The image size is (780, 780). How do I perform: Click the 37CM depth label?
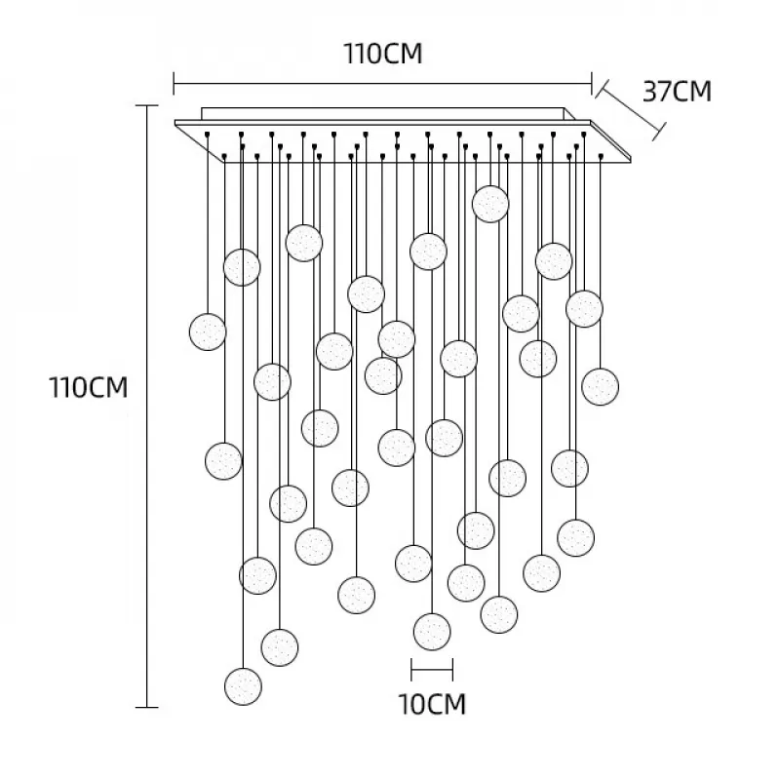point(677,92)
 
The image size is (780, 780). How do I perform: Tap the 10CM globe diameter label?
point(432,704)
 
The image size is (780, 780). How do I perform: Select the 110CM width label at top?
point(383,54)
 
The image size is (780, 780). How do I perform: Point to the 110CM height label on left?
point(89,387)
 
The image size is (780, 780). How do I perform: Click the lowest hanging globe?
point(243,687)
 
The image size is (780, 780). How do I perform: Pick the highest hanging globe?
point(490,204)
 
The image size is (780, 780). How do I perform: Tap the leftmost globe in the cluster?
point(208,331)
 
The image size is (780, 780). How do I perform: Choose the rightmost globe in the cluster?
point(600,386)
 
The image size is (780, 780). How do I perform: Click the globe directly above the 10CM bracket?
point(432,632)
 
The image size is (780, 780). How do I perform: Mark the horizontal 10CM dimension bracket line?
point(432,670)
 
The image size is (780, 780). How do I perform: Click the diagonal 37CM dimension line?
point(628,111)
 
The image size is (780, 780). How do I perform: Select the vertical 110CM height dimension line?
point(147,407)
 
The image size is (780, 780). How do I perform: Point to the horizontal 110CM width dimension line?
point(382,84)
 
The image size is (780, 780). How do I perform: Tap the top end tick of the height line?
point(147,105)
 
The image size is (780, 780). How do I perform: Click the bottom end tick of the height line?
point(147,707)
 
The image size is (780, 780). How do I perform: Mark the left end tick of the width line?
point(174,84)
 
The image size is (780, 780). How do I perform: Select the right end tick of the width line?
point(592,84)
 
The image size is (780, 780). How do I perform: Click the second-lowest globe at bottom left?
point(280,647)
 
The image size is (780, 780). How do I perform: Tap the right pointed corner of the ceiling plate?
point(631,161)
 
